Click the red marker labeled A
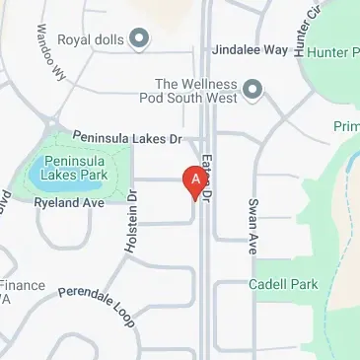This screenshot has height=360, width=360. coord(195,180)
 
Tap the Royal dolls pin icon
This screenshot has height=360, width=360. coord(139,39)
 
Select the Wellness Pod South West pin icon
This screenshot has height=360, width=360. coord(253,92)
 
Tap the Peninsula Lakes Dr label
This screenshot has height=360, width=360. coord(128,140)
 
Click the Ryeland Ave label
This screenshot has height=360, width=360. coord(69,202)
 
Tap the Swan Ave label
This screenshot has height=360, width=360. coord(252,221)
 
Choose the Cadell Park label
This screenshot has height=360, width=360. coord(283,284)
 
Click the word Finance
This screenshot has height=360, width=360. coord(22,285)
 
